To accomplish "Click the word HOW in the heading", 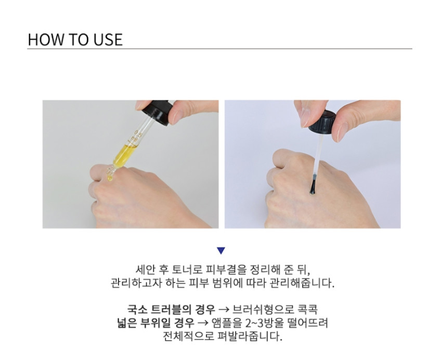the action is (45, 39).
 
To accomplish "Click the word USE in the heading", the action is (108, 39).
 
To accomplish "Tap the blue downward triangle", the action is (221, 250).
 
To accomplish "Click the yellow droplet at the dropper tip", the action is (110, 178).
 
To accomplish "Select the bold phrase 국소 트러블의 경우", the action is (171, 310).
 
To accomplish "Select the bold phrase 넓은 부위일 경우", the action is (155, 323).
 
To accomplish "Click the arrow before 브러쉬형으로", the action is (224, 310).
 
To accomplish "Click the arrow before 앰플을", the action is (203, 323).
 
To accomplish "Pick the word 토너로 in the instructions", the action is (188, 270).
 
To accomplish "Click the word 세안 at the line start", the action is (146, 270).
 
